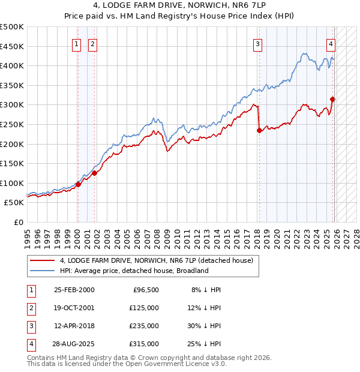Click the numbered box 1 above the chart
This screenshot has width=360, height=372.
tap(77, 43)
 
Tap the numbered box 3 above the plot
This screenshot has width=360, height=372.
tap(257, 43)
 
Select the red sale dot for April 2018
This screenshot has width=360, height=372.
tap(259, 130)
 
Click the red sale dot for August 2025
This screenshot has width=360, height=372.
tap(332, 99)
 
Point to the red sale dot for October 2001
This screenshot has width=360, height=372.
tap(94, 173)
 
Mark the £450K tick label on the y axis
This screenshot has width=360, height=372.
tap(12, 46)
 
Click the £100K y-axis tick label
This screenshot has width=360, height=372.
tap(12, 183)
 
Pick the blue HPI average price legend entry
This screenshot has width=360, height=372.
tap(133, 271)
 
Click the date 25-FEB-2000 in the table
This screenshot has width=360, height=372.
tap(74, 290)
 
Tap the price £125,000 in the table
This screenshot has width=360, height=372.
tap(144, 308)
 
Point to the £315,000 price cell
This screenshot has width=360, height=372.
tap(144, 344)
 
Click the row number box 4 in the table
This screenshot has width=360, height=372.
tap(30, 344)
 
